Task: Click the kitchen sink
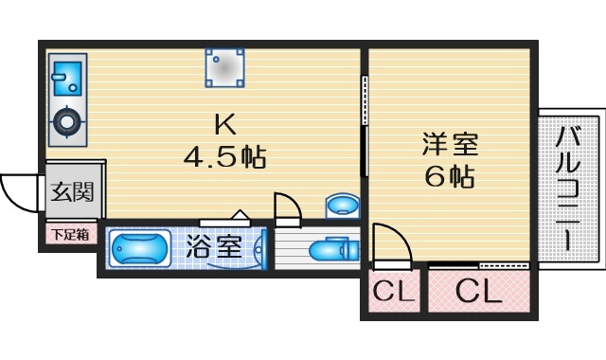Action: (66, 77)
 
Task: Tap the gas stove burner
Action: (66, 121)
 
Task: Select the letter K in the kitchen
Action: (224, 123)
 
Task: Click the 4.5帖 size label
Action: (224, 156)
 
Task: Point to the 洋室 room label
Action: (450, 145)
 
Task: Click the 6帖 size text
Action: (450, 176)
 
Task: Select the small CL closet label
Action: (393, 293)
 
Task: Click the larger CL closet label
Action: (478, 293)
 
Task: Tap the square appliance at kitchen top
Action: (226, 67)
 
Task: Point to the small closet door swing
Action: (391, 245)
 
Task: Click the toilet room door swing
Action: (286, 207)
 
